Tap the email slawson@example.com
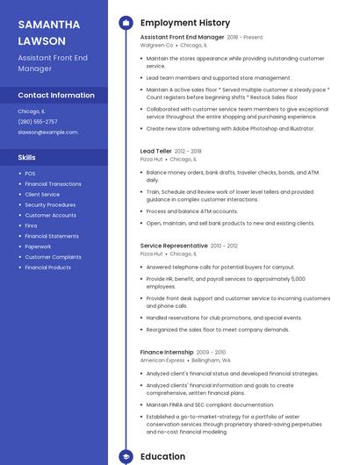(x=42, y=132)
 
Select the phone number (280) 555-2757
(x=38, y=122)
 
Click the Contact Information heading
(x=56, y=95)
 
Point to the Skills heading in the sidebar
(x=27, y=157)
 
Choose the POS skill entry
(x=30, y=174)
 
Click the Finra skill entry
(x=32, y=225)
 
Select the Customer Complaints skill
(x=53, y=257)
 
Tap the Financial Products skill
(x=47, y=268)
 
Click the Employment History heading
(x=184, y=23)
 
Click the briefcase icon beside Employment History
(x=126, y=23)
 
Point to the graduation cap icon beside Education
(x=126, y=456)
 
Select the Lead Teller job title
(x=156, y=151)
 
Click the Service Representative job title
(x=174, y=246)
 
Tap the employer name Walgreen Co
(x=157, y=45)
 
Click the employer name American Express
(x=162, y=360)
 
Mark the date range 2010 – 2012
(x=224, y=246)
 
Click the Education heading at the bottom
(x=162, y=456)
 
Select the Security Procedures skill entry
(x=50, y=204)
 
